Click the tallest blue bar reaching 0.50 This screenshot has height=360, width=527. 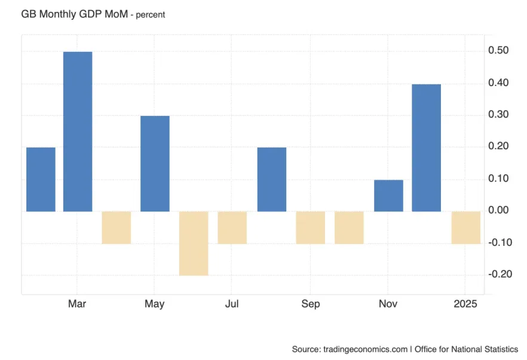78,131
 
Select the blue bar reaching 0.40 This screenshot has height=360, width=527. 427,147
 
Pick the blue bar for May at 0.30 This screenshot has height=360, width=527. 155,163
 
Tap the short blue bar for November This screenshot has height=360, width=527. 388,195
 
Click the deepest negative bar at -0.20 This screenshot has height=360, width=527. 194,243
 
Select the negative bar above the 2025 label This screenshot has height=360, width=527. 465,227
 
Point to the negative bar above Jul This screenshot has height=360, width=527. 232,227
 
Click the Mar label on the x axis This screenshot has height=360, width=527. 77,304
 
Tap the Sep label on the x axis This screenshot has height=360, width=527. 310,304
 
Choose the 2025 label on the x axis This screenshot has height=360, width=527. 465,304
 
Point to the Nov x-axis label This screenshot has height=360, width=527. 388,304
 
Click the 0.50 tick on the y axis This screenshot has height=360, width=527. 498,51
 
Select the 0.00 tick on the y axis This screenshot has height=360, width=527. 498,210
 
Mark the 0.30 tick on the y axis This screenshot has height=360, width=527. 498,115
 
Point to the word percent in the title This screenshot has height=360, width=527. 150,15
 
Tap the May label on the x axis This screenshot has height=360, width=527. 154,304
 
